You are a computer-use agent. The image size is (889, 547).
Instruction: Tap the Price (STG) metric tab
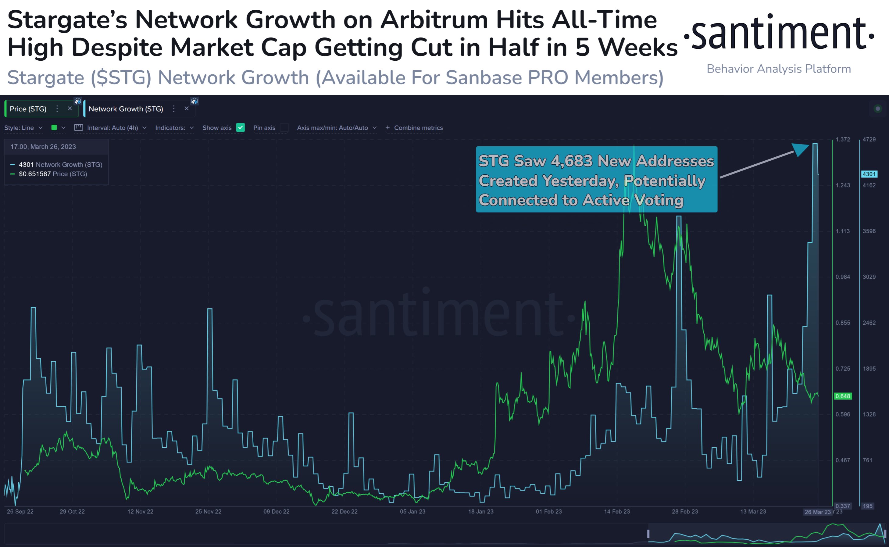pyautogui.click(x=28, y=109)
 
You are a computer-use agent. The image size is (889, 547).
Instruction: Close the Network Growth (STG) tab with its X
pyautogui.click(x=187, y=109)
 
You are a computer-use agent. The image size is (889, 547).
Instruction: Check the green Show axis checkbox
pyautogui.click(x=241, y=128)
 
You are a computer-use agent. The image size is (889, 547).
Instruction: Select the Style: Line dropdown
pyautogui.click(x=23, y=128)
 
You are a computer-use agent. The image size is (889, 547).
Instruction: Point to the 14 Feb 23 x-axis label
pyautogui.click(x=617, y=512)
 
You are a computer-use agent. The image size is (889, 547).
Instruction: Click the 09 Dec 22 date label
pyautogui.click(x=276, y=512)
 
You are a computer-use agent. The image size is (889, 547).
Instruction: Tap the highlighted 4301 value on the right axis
pyautogui.click(x=869, y=174)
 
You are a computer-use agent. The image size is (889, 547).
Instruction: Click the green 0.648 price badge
pyautogui.click(x=842, y=396)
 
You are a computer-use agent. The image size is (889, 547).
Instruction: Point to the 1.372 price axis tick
pyautogui.click(x=843, y=140)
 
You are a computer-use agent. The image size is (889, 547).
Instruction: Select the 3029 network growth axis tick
pyautogui.click(x=869, y=277)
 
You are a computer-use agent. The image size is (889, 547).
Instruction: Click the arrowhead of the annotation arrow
pyautogui.click(x=801, y=149)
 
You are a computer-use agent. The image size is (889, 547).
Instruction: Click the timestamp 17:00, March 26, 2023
pyautogui.click(x=43, y=147)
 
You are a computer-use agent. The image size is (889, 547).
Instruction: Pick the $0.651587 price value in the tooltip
pyautogui.click(x=35, y=174)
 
